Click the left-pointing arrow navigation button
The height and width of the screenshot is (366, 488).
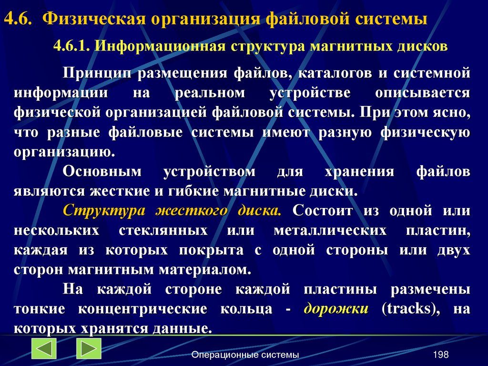pyautogui.click(x=44, y=348)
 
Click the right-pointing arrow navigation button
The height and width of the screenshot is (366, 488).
pyautogui.click(x=89, y=348)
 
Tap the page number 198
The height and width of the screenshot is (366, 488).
pyautogui.click(x=441, y=355)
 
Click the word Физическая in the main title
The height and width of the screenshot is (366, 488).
pyautogui.click(x=93, y=19)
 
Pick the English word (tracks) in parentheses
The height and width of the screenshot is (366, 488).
pyautogui.click(x=407, y=309)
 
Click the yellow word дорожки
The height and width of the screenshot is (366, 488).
pyautogui.click(x=336, y=309)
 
